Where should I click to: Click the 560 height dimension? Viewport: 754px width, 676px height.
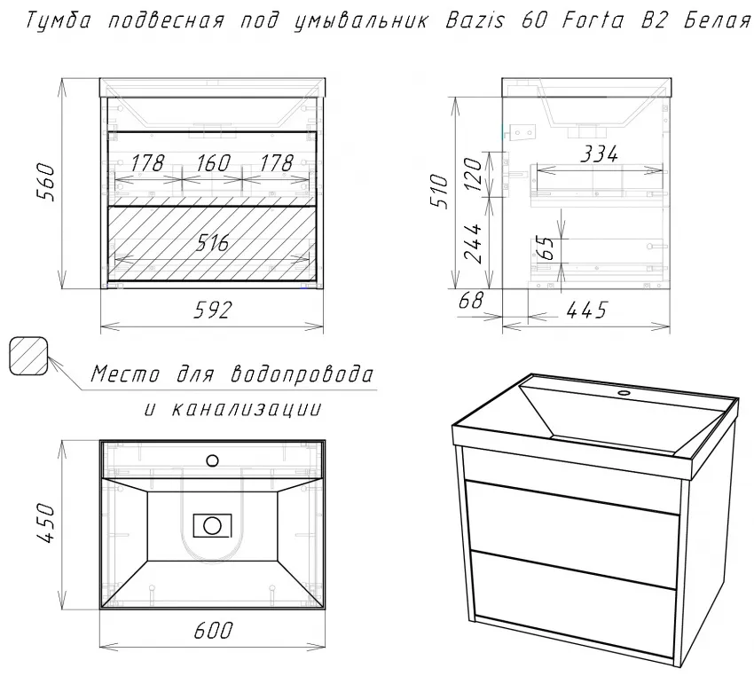coord(46,182)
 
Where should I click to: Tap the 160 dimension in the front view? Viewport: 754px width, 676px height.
coord(213,163)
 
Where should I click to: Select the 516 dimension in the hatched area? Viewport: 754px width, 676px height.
coord(212,243)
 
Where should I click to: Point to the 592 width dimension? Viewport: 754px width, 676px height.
coord(213,310)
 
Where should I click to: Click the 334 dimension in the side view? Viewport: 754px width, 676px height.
coord(599,154)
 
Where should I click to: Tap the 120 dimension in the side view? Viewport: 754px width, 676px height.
coord(474,174)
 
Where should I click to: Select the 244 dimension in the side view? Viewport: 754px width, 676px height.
coord(474,243)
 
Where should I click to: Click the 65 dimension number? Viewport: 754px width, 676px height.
coord(546,248)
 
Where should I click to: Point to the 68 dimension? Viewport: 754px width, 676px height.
coord(471,301)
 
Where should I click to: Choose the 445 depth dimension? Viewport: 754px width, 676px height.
coord(586,310)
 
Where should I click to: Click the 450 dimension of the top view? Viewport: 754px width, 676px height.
coord(46,523)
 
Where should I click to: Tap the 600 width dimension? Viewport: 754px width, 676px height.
coord(213,631)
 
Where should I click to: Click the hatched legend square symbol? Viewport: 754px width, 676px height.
coord(28,356)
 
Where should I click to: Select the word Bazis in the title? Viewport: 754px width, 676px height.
coord(475,20)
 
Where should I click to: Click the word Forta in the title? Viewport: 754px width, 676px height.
coord(593,20)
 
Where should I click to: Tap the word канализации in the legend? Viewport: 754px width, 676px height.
coord(247,409)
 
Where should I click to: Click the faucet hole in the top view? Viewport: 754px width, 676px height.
coord(212,460)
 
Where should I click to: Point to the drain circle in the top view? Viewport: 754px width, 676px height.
coord(212,525)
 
